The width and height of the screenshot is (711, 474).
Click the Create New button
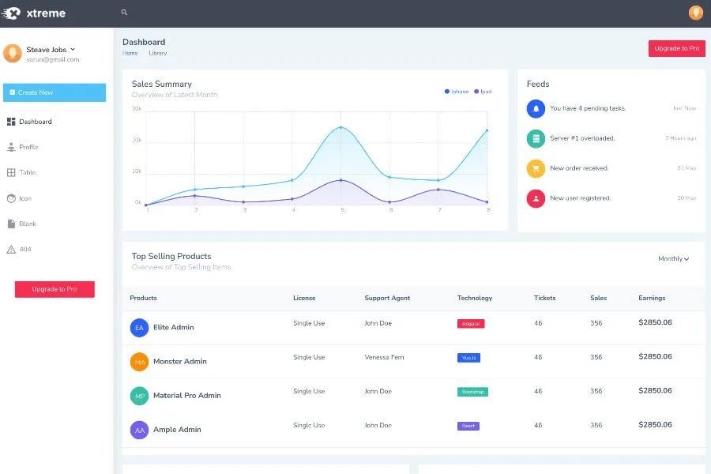click(54, 92)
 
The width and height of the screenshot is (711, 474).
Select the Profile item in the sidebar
click(28, 147)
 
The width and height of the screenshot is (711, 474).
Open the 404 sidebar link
click(25, 250)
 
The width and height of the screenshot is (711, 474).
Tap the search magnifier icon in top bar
click(124, 13)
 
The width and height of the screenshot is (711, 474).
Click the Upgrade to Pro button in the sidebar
click(55, 289)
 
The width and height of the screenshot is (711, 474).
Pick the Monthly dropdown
click(673, 258)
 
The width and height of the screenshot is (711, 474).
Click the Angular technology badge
click(470, 324)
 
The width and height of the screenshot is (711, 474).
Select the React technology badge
click(468, 426)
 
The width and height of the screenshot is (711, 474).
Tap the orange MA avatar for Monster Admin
click(139, 362)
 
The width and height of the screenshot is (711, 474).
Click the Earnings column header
click(652, 298)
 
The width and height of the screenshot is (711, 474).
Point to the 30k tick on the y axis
click(137, 109)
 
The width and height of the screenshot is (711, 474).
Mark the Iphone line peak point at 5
click(341, 127)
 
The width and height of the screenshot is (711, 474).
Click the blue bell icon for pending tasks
click(536, 108)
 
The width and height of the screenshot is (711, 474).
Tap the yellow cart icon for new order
click(536, 168)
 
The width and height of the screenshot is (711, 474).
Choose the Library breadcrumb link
click(157, 53)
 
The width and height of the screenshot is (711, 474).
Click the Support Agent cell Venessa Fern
click(384, 357)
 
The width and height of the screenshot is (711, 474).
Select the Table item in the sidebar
click(28, 172)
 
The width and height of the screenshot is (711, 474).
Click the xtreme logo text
click(46, 13)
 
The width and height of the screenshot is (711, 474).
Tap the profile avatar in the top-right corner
click(695, 13)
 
